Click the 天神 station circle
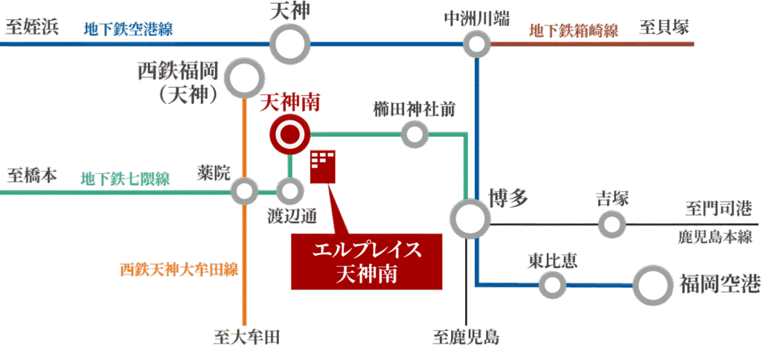[x=290, y=45]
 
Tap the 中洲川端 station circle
[x=476, y=45]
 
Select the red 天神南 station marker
[x=288, y=135]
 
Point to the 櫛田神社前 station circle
[x=414, y=135]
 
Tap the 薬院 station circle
[x=243, y=191]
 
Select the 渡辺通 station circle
[x=289, y=191]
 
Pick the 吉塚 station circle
[x=612, y=222]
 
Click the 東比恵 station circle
[x=552, y=283]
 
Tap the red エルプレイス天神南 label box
[x=367, y=260]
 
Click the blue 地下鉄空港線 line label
[x=129, y=30]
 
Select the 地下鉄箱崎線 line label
[x=574, y=30]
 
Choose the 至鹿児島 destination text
[x=466, y=338]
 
